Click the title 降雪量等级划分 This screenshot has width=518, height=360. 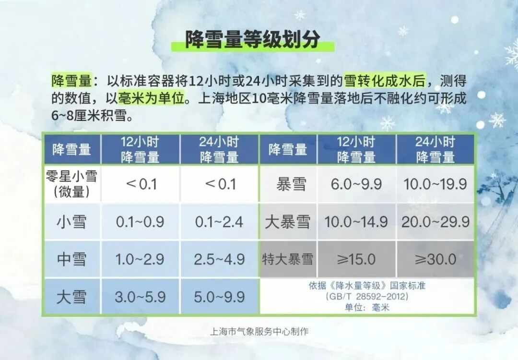tap(252, 39)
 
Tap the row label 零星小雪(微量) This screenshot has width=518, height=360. tap(72, 184)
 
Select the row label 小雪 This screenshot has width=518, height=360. tap(72, 222)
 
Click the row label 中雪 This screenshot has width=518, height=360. tap(72, 259)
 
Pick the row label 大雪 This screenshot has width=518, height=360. tap(72, 297)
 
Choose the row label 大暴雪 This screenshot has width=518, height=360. tap(288, 222)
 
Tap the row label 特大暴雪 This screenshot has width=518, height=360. tap(288, 259)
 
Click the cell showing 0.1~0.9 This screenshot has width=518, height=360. tap(140, 222)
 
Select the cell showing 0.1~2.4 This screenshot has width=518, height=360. tap(219, 222)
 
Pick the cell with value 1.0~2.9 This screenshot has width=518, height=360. tap(140, 259)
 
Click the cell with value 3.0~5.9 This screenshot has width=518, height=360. tap(140, 297)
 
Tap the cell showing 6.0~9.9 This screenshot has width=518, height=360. tap(356, 184)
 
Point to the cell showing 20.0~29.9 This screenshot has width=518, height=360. tap(436, 222)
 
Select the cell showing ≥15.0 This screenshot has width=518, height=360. tap(356, 259)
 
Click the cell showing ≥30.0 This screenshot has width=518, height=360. tap(436, 259)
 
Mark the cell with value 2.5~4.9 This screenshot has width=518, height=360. tap(219, 259)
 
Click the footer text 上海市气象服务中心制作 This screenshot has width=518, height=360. tap(259, 331)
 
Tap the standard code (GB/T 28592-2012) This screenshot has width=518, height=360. tap(367, 297)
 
